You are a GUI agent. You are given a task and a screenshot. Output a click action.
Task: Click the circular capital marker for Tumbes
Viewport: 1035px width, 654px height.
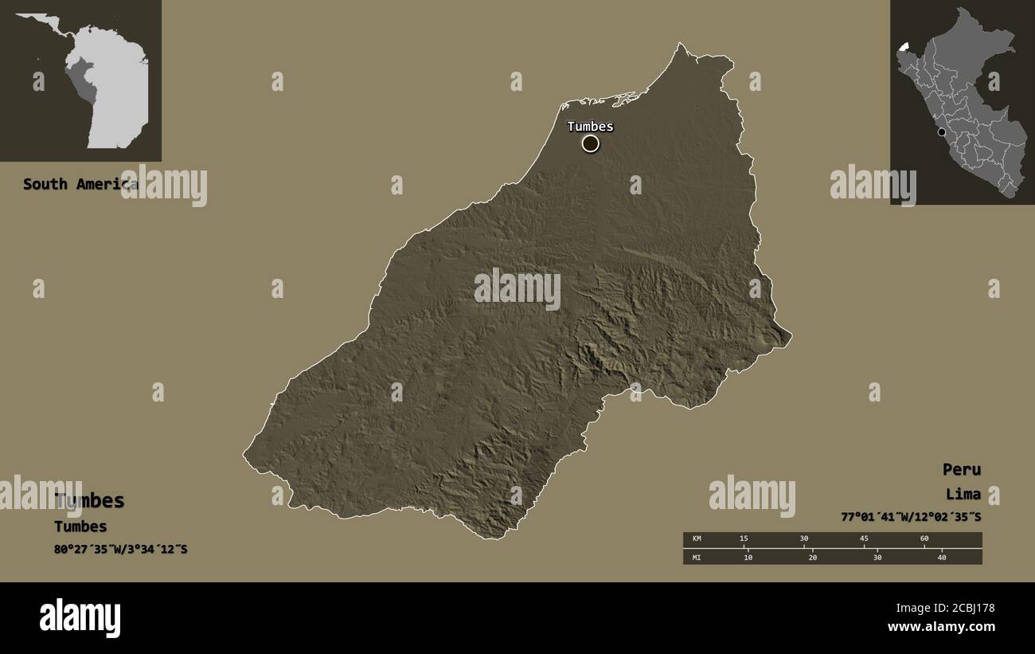pos(590,143)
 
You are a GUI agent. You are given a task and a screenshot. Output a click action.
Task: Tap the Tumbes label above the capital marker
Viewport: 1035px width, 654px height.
pos(590,126)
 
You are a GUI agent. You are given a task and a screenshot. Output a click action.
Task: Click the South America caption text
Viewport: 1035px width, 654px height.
pos(80,184)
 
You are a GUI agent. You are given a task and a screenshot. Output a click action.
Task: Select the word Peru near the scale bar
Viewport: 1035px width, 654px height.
pos(961,469)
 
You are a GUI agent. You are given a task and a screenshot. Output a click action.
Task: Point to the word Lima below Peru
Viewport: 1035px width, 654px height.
pos(963,494)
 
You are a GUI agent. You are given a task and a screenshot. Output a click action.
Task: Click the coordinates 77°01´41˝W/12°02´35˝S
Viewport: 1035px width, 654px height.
pos(911,517)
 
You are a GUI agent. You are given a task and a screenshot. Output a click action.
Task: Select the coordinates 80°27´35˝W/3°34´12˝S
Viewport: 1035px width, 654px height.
pos(121,549)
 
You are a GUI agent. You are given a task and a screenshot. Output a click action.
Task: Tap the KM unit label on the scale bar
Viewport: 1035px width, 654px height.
pos(697,539)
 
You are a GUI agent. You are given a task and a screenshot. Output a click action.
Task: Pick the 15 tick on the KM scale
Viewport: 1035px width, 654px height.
pos(744,539)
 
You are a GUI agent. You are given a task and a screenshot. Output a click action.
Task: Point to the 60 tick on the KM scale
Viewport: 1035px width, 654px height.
pos(924,539)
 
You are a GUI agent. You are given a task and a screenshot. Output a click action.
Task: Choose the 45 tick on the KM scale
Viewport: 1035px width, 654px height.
pos(864,539)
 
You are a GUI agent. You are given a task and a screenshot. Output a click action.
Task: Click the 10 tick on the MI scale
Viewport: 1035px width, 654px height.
pos(748,557)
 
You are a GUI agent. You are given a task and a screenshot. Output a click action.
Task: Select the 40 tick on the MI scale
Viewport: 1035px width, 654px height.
pos(942,557)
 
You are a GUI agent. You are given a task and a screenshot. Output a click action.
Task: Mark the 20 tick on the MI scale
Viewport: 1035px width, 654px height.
pos(812,557)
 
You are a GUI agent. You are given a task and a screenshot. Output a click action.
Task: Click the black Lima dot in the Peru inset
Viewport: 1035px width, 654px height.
pos(942,132)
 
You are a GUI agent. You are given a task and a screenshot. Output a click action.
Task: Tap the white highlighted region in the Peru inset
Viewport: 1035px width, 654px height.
pos(902,47)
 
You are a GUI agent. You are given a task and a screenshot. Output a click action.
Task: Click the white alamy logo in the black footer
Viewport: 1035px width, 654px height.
pos(80,618)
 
